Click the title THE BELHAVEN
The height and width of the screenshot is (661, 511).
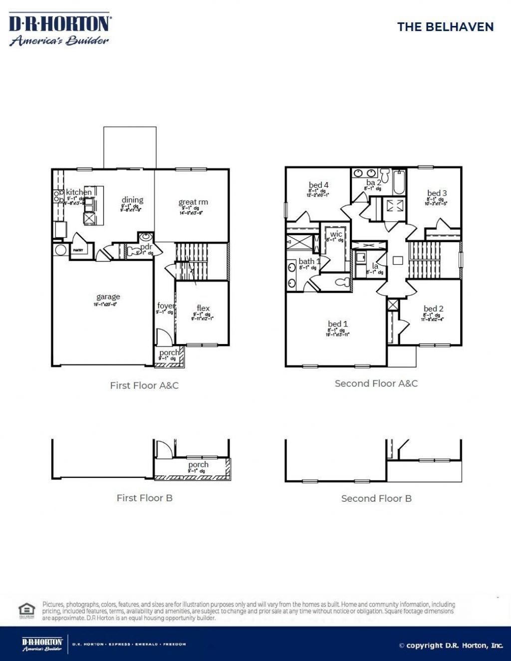(x=445, y=27)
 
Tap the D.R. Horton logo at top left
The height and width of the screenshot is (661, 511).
(x=60, y=30)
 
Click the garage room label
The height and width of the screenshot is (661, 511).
(x=108, y=297)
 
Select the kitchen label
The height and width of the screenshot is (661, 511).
(x=79, y=192)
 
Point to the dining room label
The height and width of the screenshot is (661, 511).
(x=132, y=200)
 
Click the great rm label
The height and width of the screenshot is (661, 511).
(x=193, y=202)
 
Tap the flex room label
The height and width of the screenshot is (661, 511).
(x=203, y=309)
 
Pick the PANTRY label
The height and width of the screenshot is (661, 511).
(x=78, y=250)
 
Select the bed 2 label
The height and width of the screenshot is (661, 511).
(x=434, y=309)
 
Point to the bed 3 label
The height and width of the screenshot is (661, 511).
(x=437, y=193)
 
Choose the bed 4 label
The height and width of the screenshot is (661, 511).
(x=318, y=185)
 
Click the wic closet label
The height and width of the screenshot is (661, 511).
(x=336, y=234)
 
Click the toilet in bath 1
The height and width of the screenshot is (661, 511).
(x=342, y=282)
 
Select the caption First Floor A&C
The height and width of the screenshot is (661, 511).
(x=144, y=385)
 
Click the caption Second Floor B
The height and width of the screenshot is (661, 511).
(x=376, y=498)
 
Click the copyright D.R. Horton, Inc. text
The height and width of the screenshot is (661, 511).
(x=451, y=646)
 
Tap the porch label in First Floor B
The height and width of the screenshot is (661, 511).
(x=198, y=465)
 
